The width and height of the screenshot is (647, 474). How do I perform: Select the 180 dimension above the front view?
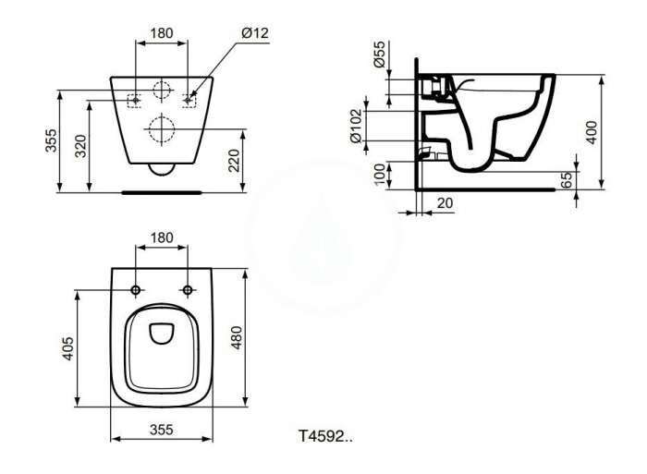[162, 34]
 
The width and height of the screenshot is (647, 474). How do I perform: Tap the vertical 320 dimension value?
[80, 143]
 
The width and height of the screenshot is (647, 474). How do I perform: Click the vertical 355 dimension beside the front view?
[52, 140]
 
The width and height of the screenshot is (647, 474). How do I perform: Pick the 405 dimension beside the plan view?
[68, 347]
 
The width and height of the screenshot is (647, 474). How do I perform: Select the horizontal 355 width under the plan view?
[163, 431]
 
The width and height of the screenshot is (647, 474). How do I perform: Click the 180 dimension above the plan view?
[162, 238]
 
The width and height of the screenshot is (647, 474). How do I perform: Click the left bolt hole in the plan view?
[137, 291]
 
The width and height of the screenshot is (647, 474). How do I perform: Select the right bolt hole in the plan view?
[189, 291]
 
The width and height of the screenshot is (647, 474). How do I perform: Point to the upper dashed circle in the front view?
[162, 92]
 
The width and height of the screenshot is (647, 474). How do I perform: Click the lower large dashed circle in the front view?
[162, 130]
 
